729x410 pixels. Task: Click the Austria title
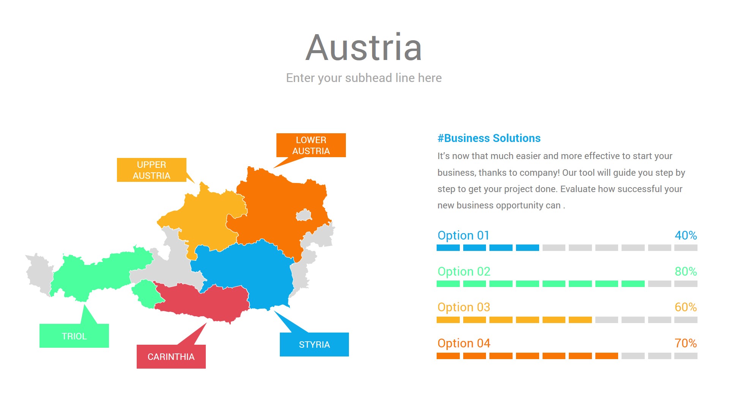point(364,48)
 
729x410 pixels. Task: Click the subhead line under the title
point(364,78)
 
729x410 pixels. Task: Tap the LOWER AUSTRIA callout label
point(311,145)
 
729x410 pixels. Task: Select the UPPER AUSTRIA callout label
point(151,170)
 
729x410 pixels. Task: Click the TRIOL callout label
point(74,336)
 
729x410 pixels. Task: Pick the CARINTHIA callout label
point(171,357)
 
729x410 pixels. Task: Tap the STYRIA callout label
point(314,345)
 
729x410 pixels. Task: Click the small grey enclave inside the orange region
point(304,216)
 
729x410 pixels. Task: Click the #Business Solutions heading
point(489,138)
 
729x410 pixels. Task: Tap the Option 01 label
point(463,235)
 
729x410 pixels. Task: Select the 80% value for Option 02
point(686,271)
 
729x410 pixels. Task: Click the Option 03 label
point(464,307)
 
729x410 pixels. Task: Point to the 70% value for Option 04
point(686,343)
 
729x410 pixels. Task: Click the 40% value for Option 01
point(686,235)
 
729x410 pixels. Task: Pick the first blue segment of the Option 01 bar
point(448,248)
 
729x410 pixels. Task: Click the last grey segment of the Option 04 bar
point(686,356)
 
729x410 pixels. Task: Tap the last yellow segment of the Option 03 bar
point(580,320)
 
